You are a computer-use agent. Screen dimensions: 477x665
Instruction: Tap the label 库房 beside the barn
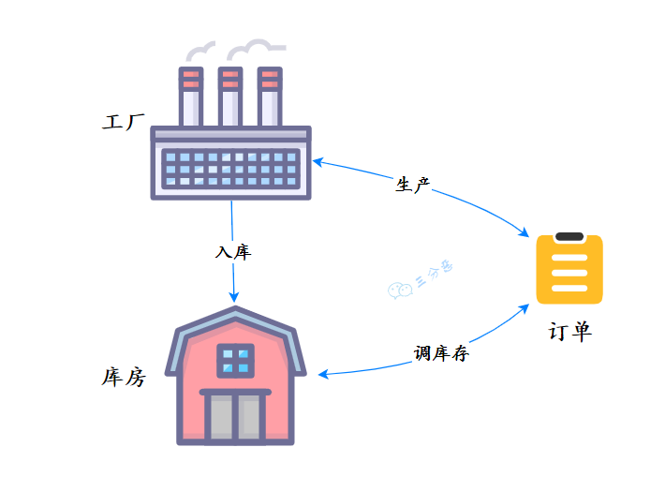(x=123, y=378)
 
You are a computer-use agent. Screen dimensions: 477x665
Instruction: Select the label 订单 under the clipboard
(x=569, y=332)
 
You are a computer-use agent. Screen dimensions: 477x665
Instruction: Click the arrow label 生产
(x=412, y=185)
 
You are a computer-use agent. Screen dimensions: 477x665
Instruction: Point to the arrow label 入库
(x=233, y=252)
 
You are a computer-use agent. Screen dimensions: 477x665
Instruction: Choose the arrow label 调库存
(x=441, y=353)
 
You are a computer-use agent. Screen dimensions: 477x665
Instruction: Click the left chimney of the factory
(x=191, y=97)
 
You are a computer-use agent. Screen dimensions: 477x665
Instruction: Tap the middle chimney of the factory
(x=229, y=97)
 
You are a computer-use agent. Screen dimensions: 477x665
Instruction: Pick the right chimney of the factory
(x=269, y=97)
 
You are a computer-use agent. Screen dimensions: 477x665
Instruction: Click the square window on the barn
(x=235, y=360)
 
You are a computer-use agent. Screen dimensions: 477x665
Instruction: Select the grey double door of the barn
(x=235, y=416)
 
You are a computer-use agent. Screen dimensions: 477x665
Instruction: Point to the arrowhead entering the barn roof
(x=234, y=298)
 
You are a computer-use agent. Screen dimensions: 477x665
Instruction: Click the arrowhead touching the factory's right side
(x=318, y=162)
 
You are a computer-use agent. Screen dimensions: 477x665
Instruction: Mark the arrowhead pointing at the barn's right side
(x=323, y=375)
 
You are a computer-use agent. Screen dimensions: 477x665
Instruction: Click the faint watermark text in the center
(x=421, y=280)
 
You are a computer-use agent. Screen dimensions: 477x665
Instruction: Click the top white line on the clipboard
(x=569, y=254)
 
